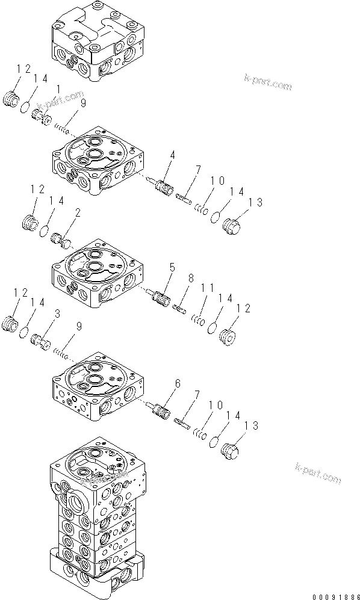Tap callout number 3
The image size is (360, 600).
pyautogui.click(x=57, y=314)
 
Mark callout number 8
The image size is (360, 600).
pyautogui.click(x=191, y=279)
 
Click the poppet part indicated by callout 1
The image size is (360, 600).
pyautogui.click(x=41, y=116)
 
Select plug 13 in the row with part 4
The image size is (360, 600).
pyautogui.click(x=232, y=227)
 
